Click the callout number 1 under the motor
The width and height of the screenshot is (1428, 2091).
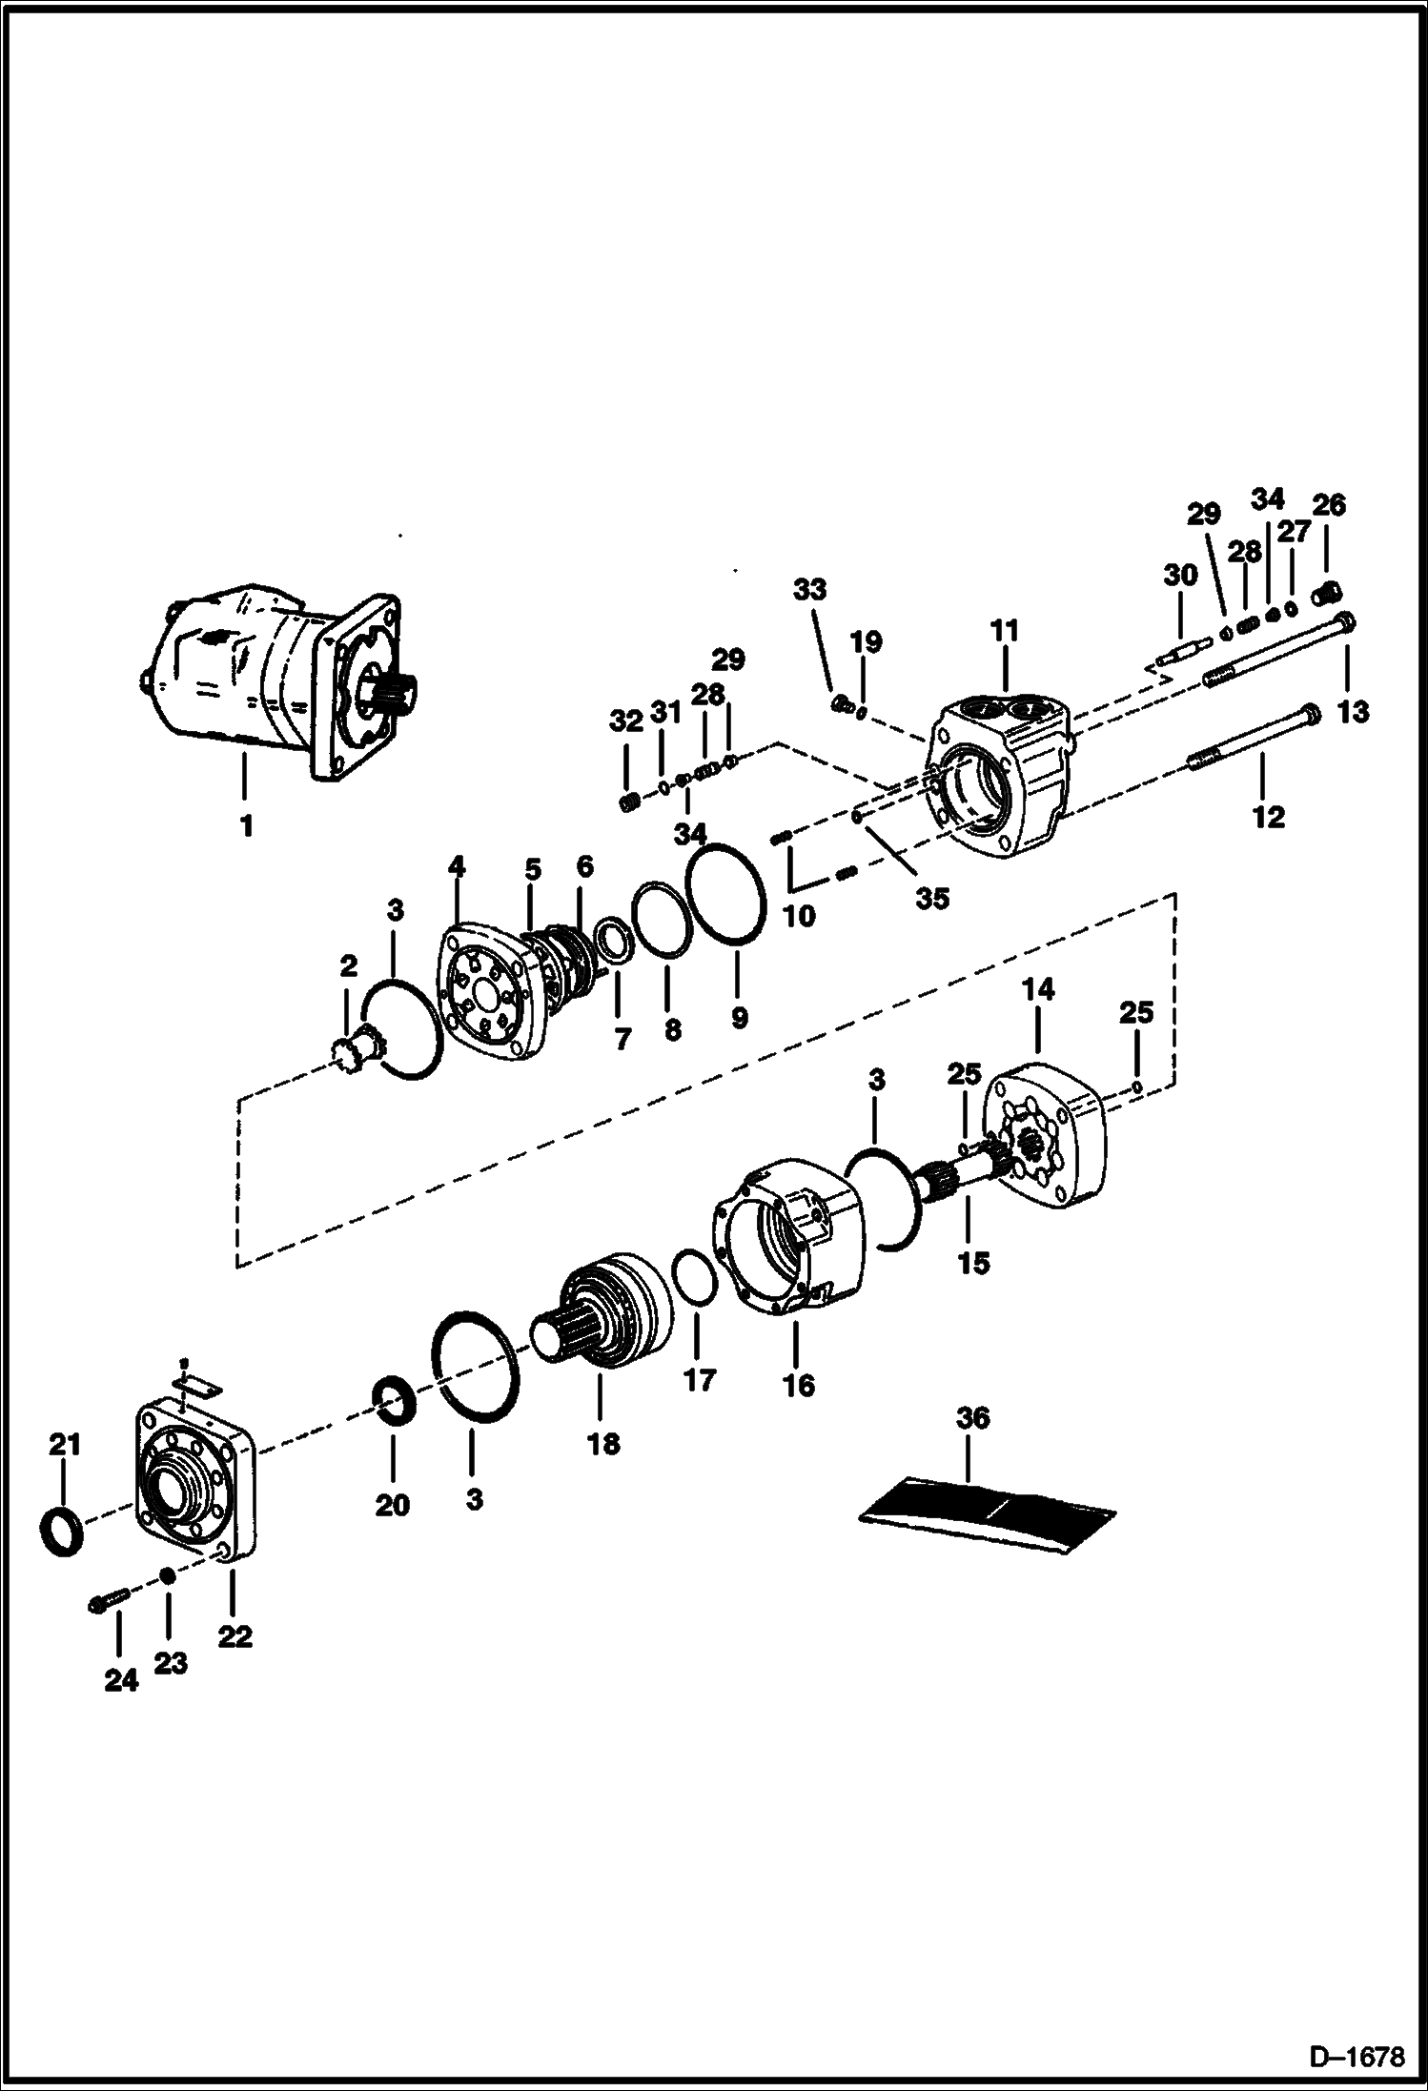246,825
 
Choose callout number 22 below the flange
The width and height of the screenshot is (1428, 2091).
235,1635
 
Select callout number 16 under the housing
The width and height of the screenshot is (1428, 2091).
799,1385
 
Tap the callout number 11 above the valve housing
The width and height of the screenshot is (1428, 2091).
1005,631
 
